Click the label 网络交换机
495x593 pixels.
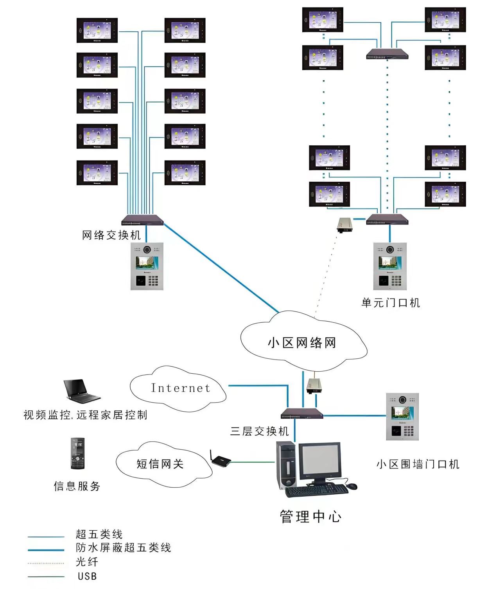[111, 235]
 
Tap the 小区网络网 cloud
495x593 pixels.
[302, 342]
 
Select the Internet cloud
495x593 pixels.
[180, 388]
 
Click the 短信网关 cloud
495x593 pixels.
[160, 464]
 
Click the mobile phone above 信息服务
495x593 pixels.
[77, 454]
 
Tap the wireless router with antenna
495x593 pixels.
[221, 460]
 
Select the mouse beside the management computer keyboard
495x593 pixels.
[352, 486]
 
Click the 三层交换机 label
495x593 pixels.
[260, 431]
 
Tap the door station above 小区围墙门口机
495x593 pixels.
[402, 416]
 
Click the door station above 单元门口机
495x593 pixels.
[390, 266]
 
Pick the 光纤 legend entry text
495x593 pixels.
[87, 562]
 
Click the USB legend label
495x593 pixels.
[87, 576]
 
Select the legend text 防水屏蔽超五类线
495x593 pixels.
[123, 548]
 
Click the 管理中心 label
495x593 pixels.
[310, 517]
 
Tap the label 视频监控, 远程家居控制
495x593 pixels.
[85, 415]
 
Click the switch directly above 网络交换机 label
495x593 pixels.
[142, 220]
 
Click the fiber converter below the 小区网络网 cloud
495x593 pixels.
[314, 385]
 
